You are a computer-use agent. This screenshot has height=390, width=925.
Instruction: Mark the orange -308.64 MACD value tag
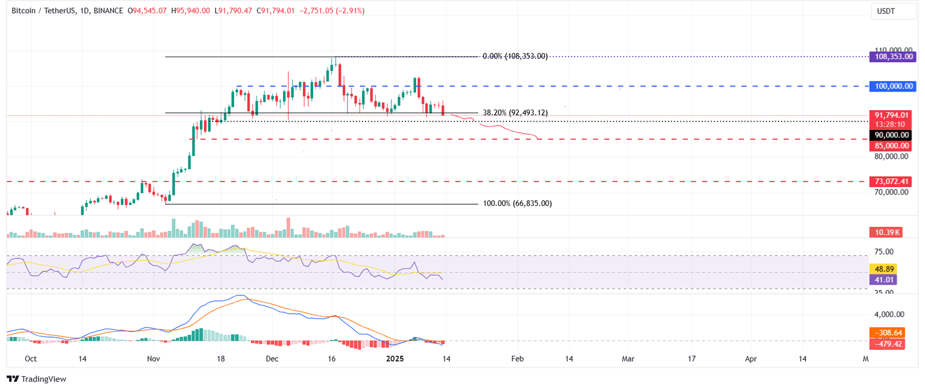pyautogui.click(x=885, y=332)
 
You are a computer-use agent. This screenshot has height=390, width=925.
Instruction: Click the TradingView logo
pyautogui.click(x=36, y=379)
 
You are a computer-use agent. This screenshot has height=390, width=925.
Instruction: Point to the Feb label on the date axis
pyautogui.click(x=517, y=359)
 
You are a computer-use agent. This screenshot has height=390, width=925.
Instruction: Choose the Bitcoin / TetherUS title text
pyautogui.click(x=43, y=10)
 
